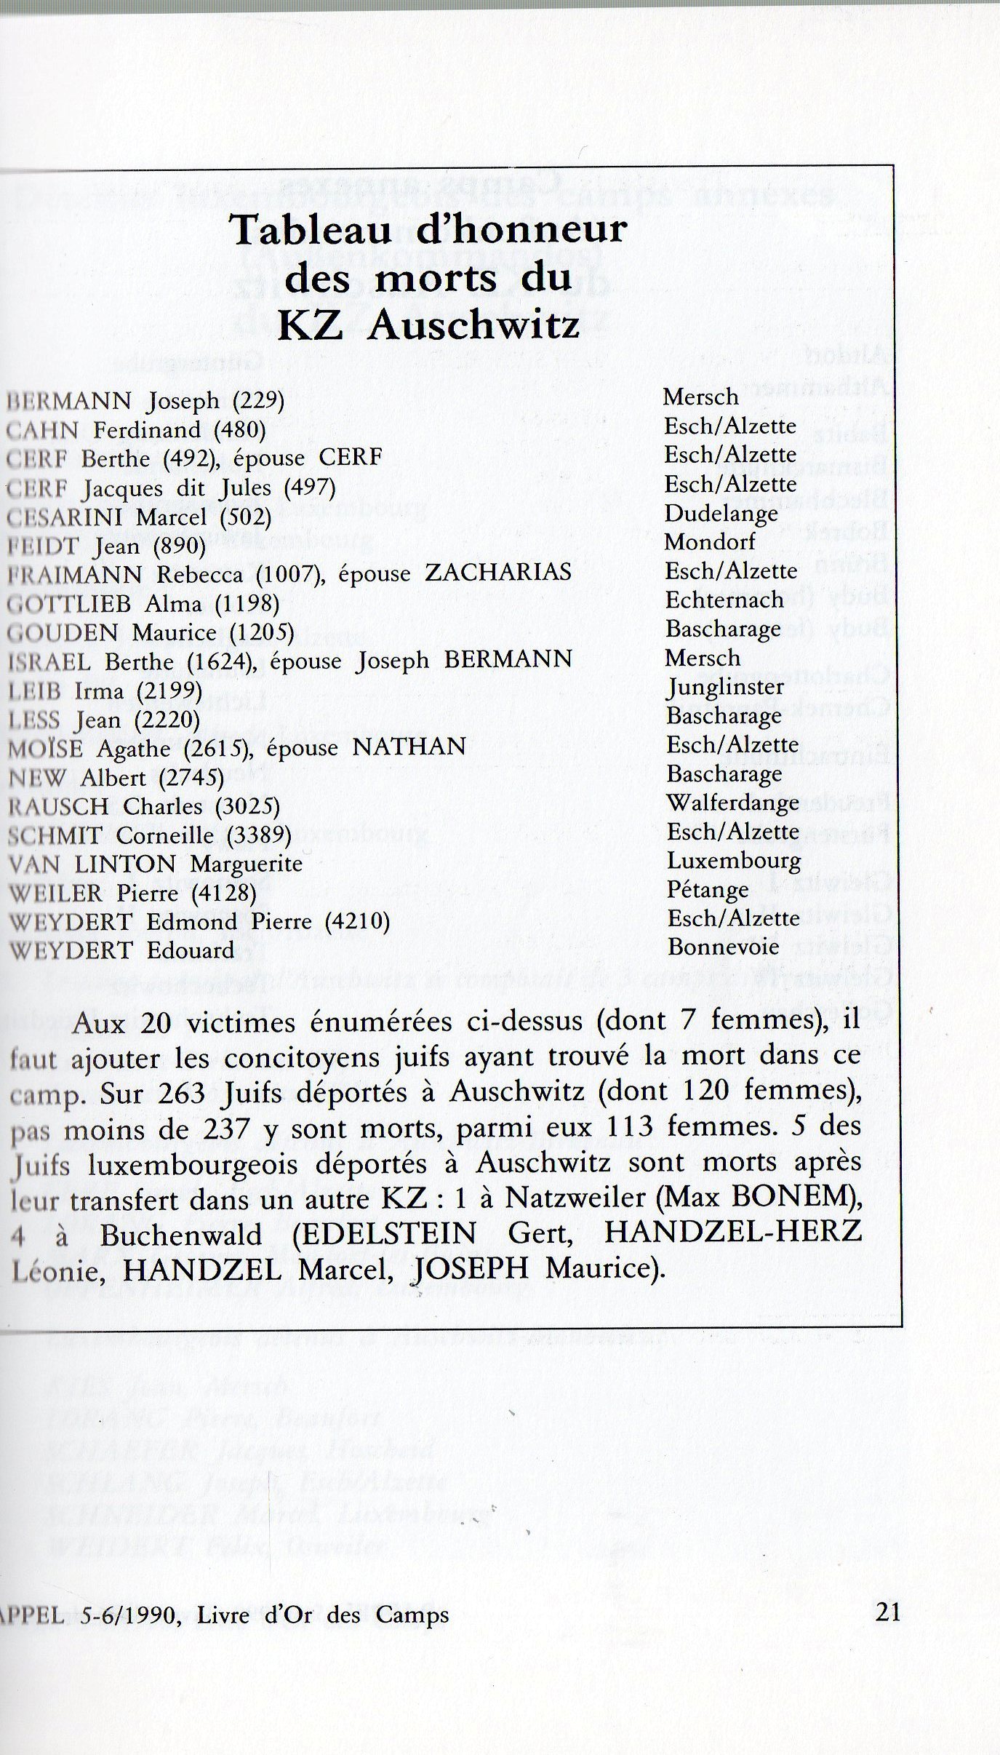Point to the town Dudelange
point(721,513)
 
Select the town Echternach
point(724,600)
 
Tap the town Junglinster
point(725,687)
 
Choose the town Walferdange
point(733,803)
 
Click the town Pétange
point(708,890)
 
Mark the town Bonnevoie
point(723,947)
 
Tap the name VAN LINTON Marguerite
point(154,864)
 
